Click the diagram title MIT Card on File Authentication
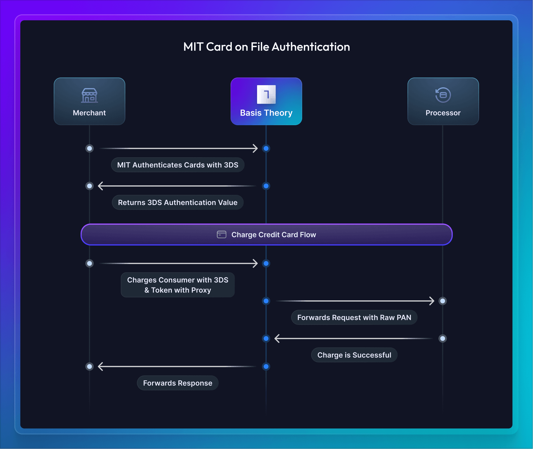coord(266,47)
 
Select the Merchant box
coord(89,101)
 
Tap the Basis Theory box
coord(266,101)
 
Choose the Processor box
coord(443,101)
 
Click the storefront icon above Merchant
coord(89,95)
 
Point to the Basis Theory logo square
coord(266,94)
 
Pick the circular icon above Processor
coord(443,95)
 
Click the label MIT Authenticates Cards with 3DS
coord(178,165)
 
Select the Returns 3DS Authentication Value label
coord(178,202)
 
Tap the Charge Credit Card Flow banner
coord(266,234)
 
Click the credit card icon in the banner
coord(221,234)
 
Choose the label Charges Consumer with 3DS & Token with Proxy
coord(178,285)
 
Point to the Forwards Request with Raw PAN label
coord(354,317)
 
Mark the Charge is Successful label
coord(354,355)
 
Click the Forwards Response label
coord(178,383)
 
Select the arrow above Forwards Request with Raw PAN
coord(355,301)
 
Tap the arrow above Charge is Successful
coord(353,338)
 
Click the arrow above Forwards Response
coord(177,366)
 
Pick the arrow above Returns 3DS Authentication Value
coord(177,186)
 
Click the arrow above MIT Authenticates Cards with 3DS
coord(178,148)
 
